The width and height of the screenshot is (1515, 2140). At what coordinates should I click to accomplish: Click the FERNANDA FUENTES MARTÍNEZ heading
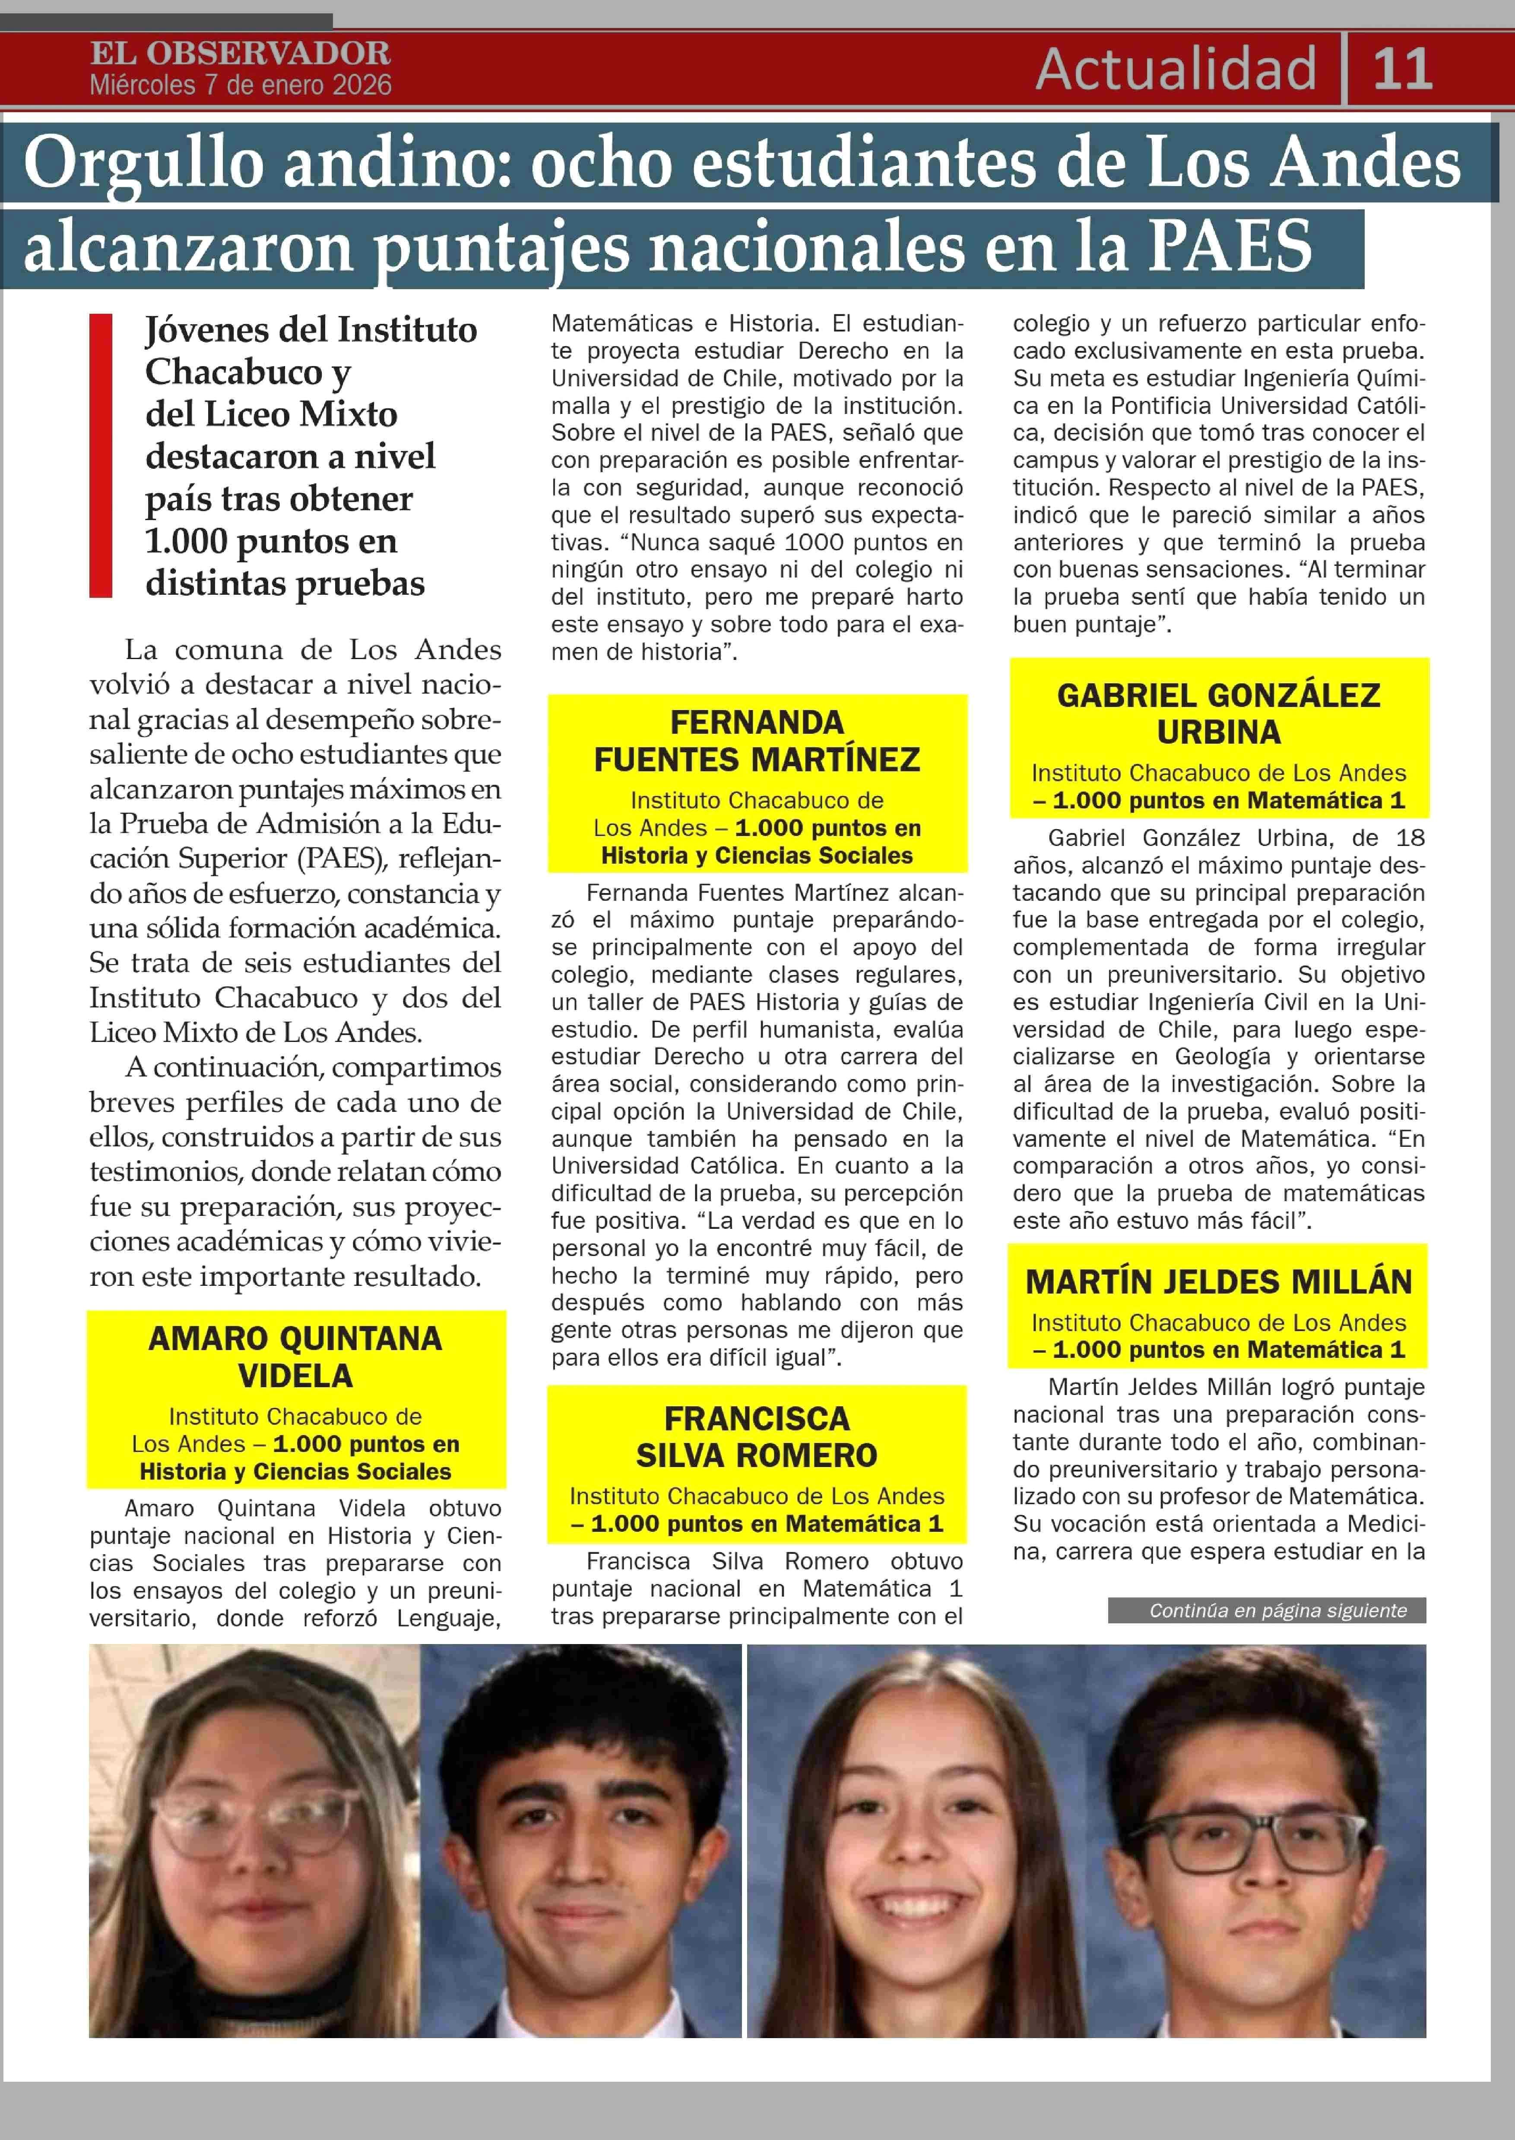click(757, 741)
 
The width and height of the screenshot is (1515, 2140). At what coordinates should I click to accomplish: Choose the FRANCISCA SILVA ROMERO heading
click(757, 1437)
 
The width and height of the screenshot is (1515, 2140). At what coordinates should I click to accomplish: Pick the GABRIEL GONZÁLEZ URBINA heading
click(1218, 713)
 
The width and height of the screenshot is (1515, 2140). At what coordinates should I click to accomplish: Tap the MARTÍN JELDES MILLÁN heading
click(1218, 1282)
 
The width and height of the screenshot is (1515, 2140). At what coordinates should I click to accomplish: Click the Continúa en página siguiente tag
click(1278, 1610)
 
